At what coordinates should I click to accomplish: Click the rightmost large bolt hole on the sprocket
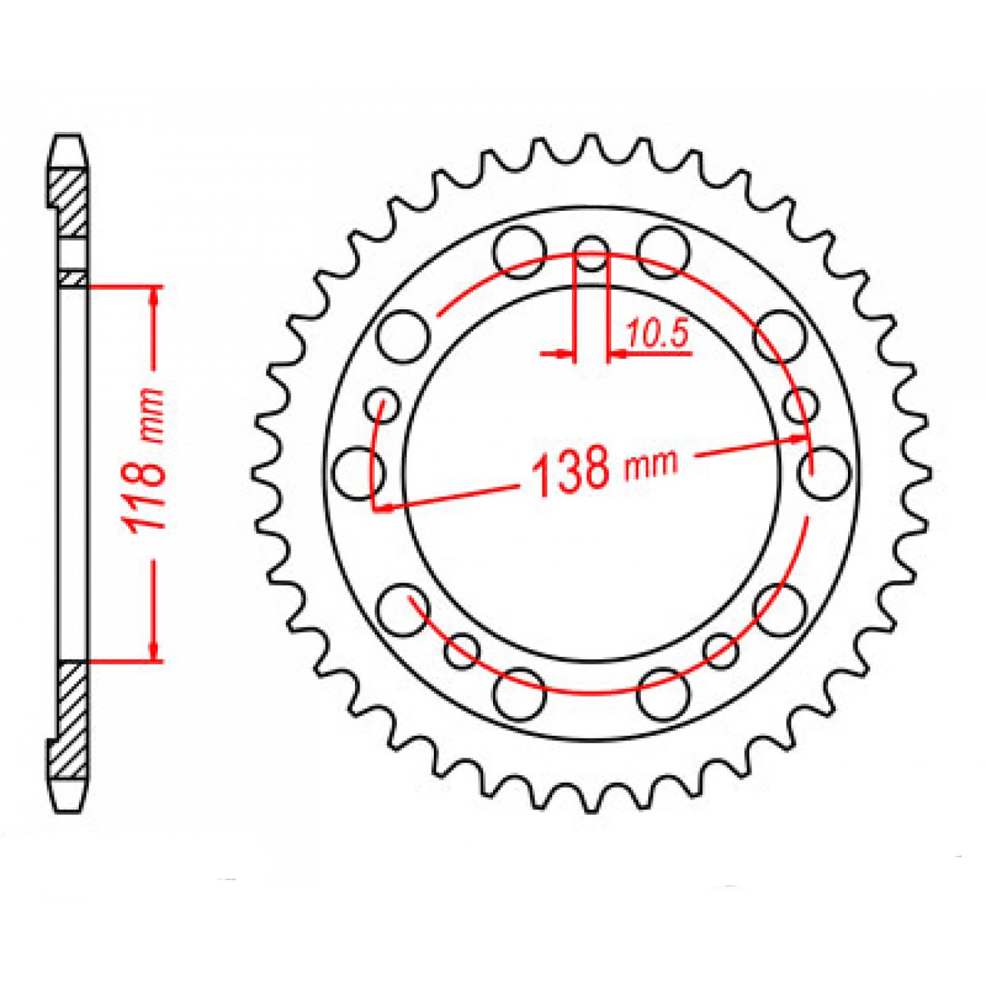tap(826, 473)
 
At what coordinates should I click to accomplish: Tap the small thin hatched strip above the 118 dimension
tap(73, 279)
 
